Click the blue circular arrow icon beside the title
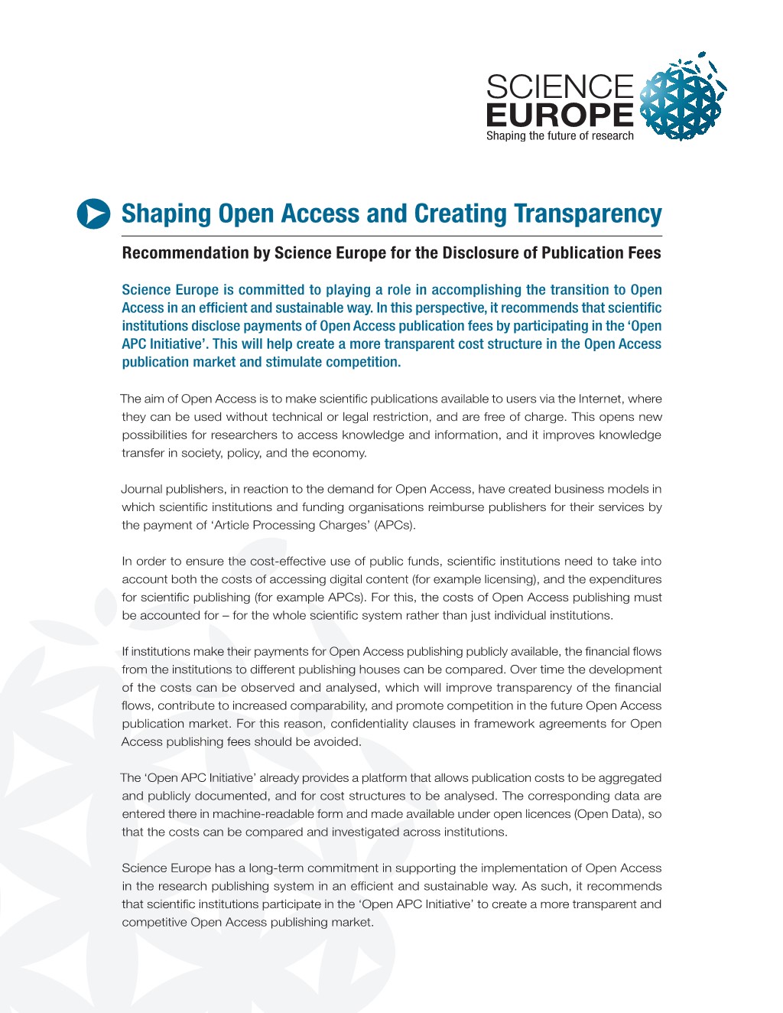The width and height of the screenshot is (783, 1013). click(x=94, y=213)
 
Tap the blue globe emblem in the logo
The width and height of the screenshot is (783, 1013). click(x=681, y=99)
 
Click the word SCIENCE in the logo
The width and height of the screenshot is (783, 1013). click(x=560, y=87)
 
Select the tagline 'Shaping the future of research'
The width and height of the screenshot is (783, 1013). click(x=560, y=136)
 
